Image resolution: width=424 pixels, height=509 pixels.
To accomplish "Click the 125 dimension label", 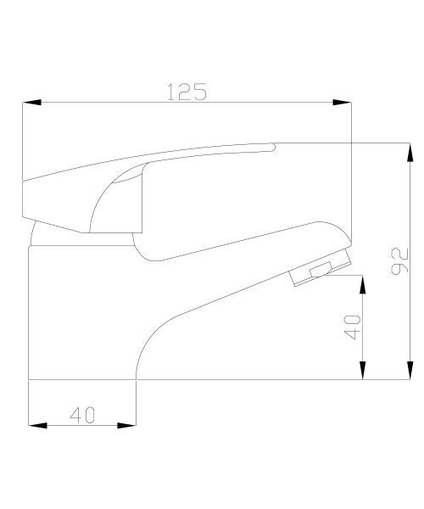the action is tap(187, 92).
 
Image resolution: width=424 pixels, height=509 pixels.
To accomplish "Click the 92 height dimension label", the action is tap(400, 261).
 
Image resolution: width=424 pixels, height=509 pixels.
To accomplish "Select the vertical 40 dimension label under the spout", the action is tap(352, 327).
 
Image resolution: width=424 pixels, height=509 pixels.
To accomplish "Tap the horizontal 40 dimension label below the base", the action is tap(83, 415).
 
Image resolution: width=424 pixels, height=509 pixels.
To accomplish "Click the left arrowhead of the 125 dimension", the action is tap(31, 103).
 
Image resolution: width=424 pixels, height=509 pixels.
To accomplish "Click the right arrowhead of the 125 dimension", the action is tap(342, 103).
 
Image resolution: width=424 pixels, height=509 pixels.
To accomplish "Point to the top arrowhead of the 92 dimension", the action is tap(410, 152).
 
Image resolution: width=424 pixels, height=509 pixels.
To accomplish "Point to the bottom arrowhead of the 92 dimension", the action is tap(410, 370).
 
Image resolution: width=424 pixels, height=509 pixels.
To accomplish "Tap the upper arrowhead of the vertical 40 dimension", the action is tap(363, 284).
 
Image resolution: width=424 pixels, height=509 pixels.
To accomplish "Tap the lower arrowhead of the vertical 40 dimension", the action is tap(363, 370).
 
